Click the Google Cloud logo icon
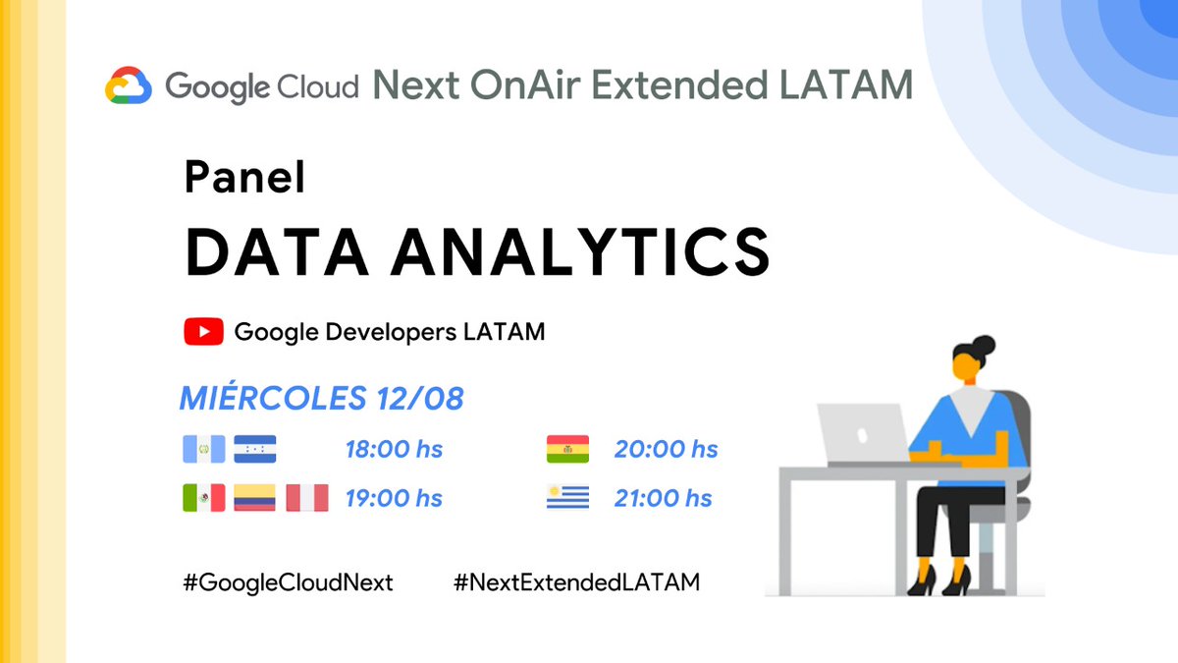[129, 85]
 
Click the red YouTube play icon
[203, 332]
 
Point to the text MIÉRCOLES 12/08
[321, 399]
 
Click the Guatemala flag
[203, 449]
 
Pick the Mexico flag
[203, 498]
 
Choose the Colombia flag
[254, 498]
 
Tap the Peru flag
[306, 498]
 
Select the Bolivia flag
[567, 449]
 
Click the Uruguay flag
[567, 498]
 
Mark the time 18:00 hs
[393, 449]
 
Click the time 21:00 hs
[663, 498]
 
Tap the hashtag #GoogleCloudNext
[288, 582]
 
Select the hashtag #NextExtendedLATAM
[576, 582]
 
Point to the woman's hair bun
[983, 346]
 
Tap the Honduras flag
[255, 449]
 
